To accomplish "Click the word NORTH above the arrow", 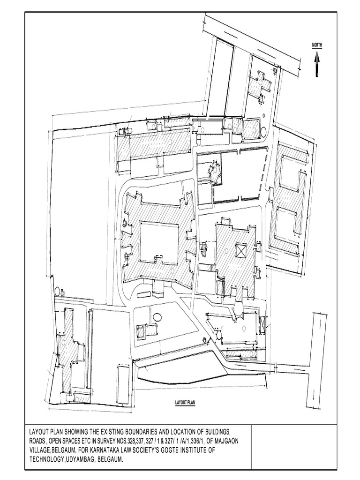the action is point(317,45).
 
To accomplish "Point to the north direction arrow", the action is point(317,64).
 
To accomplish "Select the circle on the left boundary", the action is point(57,291).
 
